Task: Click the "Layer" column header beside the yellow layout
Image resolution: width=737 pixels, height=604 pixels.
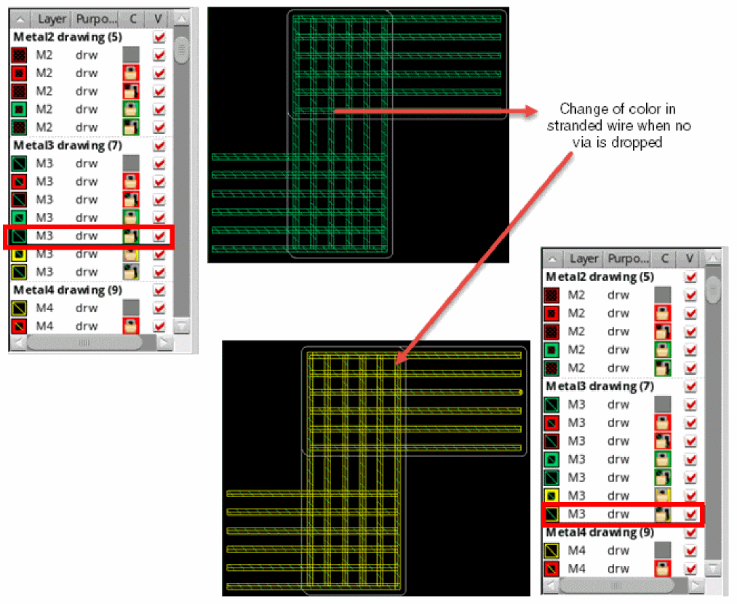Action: pos(583,258)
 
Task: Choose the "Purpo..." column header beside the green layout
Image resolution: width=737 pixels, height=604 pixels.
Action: pos(97,18)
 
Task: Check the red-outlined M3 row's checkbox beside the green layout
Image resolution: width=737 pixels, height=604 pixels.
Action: pos(159,236)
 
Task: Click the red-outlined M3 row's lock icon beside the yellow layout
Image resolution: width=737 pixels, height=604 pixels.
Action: pos(662,514)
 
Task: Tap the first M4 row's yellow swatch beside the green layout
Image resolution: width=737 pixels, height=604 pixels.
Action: pos(20,308)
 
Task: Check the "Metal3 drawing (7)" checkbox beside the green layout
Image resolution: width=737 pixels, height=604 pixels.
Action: pos(159,146)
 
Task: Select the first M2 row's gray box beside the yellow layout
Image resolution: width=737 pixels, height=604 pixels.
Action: pos(662,295)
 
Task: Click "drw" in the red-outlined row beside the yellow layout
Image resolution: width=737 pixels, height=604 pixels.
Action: pos(618,514)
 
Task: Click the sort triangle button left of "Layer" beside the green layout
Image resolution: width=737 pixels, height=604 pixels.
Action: pos(20,18)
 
